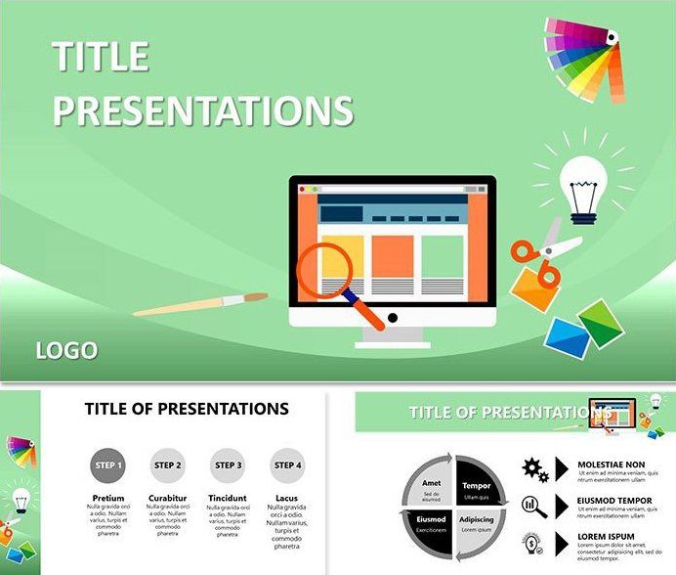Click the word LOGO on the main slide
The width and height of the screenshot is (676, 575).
(x=66, y=350)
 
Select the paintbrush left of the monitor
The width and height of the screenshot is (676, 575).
(x=200, y=304)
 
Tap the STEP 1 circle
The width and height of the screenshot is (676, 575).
(x=107, y=465)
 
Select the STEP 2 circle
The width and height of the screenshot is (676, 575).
(x=168, y=465)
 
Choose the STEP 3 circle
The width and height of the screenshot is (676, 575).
(x=228, y=465)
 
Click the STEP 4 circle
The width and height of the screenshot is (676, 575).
(x=287, y=465)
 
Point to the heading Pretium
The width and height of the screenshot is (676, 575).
(x=107, y=499)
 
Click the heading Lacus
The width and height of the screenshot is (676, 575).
(x=286, y=499)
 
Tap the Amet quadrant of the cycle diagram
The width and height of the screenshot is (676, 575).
(x=430, y=485)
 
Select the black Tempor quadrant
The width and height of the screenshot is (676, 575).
(x=477, y=485)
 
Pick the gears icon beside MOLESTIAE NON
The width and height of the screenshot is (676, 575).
(x=535, y=468)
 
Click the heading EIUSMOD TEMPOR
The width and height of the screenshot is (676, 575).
(x=614, y=501)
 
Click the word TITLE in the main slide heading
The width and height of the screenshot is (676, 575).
(x=101, y=58)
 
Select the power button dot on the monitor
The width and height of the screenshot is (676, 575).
(x=393, y=318)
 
